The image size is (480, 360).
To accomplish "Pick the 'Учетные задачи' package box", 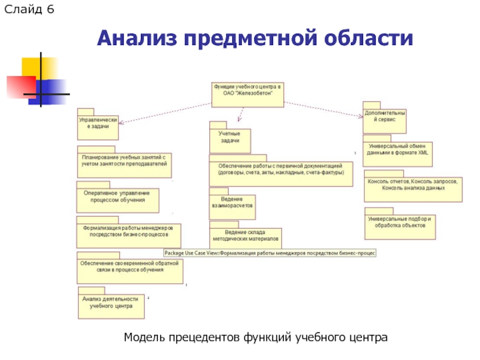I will (230, 137).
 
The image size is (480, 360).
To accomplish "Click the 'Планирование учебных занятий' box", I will (125, 161).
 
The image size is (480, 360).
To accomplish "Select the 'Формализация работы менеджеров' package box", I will (128, 233).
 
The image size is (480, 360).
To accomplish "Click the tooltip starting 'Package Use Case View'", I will (269, 253).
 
